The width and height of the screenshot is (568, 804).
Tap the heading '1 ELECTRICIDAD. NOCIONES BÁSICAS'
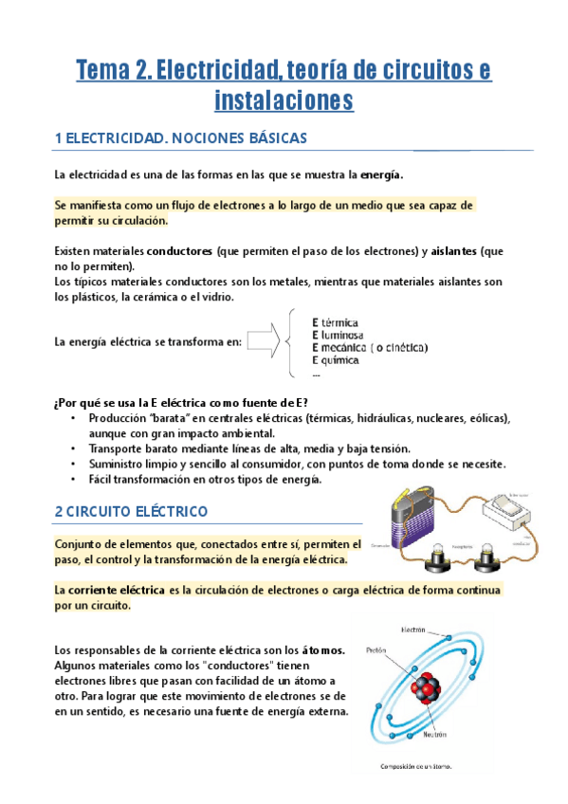pos(181,138)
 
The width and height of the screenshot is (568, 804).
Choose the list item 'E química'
pos(336,360)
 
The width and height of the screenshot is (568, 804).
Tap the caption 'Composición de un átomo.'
pos(415,767)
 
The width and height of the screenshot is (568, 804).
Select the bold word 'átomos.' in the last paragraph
pos(323,650)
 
